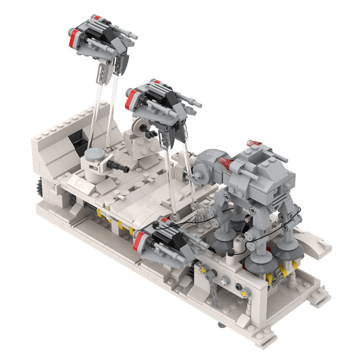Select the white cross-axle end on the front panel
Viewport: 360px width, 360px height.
point(224,282)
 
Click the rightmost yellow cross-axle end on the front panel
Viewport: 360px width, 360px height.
point(244,294)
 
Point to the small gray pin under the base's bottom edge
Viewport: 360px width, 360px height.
point(220,325)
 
